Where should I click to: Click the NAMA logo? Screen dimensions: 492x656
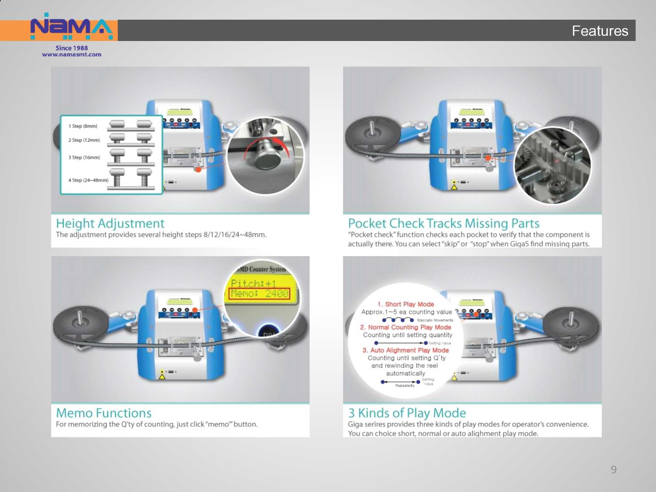click(x=71, y=27)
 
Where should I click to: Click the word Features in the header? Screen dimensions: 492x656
click(x=599, y=31)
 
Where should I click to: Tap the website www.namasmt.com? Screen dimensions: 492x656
click(x=71, y=55)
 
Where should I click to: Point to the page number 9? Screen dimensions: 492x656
click(x=613, y=469)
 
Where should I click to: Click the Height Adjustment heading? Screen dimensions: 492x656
click(x=110, y=223)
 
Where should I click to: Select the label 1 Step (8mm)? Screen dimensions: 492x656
click(x=83, y=126)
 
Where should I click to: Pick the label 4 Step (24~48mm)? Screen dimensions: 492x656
click(x=88, y=180)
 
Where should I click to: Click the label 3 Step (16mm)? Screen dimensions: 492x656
click(x=84, y=157)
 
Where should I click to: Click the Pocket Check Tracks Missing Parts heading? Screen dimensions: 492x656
click(x=443, y=223)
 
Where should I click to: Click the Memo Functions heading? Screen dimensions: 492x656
click(x=104, y=413)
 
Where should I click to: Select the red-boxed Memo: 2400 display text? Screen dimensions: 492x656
click(x=259, y=294)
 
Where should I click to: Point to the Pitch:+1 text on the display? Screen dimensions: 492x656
click(x=253, y=283)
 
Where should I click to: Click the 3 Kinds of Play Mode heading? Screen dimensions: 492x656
click(x=407, y=413)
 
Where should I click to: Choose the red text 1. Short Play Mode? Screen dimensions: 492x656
click(x=405, y=304)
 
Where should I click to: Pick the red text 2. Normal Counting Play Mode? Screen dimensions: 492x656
click(x=405, y=327)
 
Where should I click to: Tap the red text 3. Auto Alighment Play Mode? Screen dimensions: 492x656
click(x=405, y=350)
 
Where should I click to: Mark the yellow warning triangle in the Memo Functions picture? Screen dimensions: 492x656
click(x=162, y=376)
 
